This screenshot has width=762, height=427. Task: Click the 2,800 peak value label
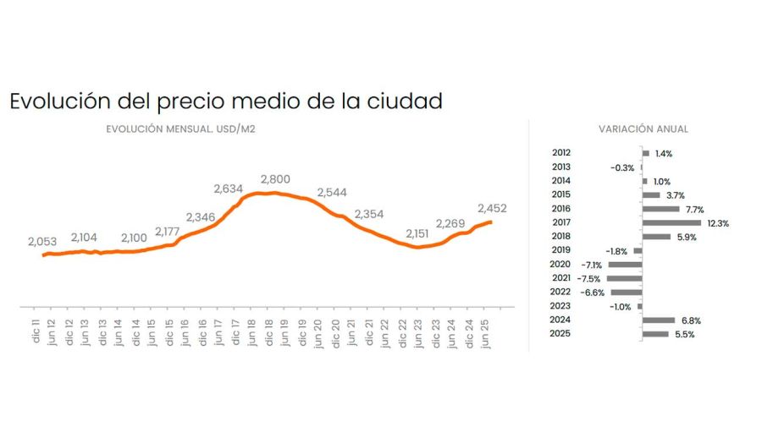[275, 179]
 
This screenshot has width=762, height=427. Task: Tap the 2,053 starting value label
[41, 242]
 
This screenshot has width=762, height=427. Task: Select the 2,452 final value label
[492, 208]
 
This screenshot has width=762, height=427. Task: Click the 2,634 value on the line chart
[229, 189]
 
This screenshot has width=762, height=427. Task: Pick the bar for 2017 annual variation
[671, 222]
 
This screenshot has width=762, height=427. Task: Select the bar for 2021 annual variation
[625, 278]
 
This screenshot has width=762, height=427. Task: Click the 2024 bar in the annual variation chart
[659, 320]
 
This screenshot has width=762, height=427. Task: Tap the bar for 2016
[661, 209]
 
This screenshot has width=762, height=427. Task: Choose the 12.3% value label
[718, 223]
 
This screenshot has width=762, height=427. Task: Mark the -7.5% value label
[589, 278]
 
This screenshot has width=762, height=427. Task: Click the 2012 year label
[560, 153]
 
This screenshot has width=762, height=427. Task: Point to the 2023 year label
[560, 306]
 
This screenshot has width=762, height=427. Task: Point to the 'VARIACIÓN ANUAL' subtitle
[643, 129]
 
